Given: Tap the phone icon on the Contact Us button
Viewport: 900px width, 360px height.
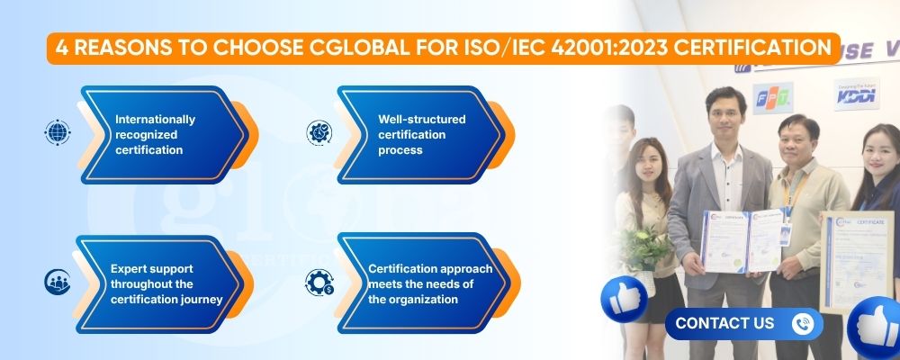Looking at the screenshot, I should coord(801,323).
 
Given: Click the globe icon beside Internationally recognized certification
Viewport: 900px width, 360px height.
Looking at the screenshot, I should coord(57,132).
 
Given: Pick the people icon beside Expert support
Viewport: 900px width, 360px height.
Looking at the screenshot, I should coord(57,282).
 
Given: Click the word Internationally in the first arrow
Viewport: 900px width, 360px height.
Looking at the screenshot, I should coord(155,119).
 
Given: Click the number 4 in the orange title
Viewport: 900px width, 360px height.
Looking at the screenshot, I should coord(60,48).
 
